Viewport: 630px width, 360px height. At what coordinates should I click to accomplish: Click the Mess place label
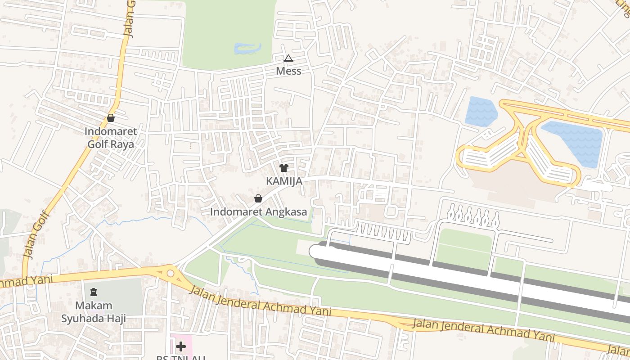click(288, 71)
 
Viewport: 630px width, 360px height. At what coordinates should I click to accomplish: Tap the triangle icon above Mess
click(288, 58)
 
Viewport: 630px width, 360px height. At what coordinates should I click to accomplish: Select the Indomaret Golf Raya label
click(111, 138)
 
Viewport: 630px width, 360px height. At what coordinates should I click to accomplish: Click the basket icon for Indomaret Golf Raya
click(111, 118)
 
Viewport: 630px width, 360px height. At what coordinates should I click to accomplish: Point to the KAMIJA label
click(283, 181)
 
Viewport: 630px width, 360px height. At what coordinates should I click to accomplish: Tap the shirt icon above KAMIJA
click(283, 168)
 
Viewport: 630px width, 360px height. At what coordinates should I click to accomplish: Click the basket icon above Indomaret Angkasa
click(258, 198)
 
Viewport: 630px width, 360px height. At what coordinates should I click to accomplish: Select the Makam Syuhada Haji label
click(94, 312)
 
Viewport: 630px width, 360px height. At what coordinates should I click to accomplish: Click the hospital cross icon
click(181, 346)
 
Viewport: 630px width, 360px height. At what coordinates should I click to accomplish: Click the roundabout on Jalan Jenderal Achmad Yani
click(170, 273)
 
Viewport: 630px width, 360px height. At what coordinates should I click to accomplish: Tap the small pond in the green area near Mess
click(247, 48)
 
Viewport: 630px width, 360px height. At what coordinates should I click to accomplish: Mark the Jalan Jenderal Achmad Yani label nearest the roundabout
click(260, 301)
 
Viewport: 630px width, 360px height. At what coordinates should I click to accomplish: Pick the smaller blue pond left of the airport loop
click(480, 111)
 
